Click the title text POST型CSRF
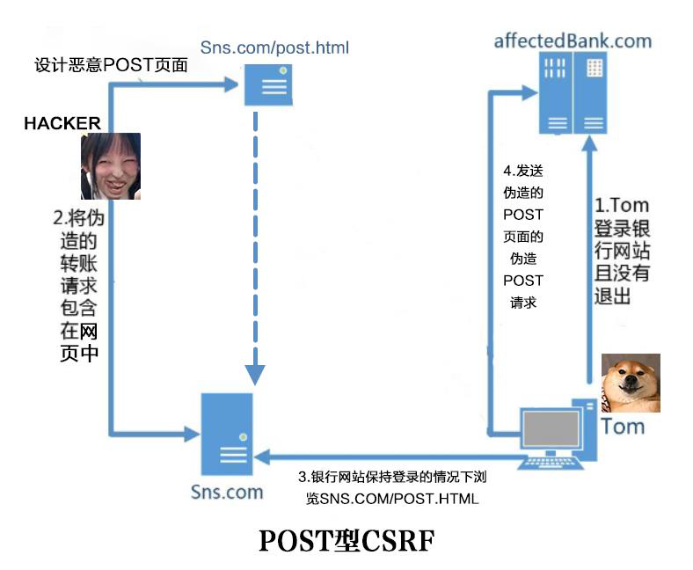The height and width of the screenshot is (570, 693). pyautogui.click(x=346, y=540)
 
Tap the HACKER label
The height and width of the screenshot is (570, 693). pyautogui.click(x=62, y=123)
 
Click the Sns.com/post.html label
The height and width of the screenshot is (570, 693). pyautogui.click(x=274, y=47)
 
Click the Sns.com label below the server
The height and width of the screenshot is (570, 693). pyautogui.click(x=227, y=492)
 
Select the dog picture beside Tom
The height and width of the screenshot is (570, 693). pyautogui.click(x=630, y=383)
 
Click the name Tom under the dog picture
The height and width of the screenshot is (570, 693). pyautogui.click(x=623, y=427)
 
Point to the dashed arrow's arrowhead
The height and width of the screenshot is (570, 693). pyautogui.click(x=255, y=373)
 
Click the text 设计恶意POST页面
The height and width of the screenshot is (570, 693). pyautogui.click(x=111, y=65)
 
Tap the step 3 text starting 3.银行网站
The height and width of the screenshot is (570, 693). pyautogui.click(x=392, y=478)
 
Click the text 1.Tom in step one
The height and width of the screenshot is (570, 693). pyautogui.click(x=622, y=207)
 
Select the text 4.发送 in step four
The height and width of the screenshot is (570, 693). pyautogui.click(x=523, y=171)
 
